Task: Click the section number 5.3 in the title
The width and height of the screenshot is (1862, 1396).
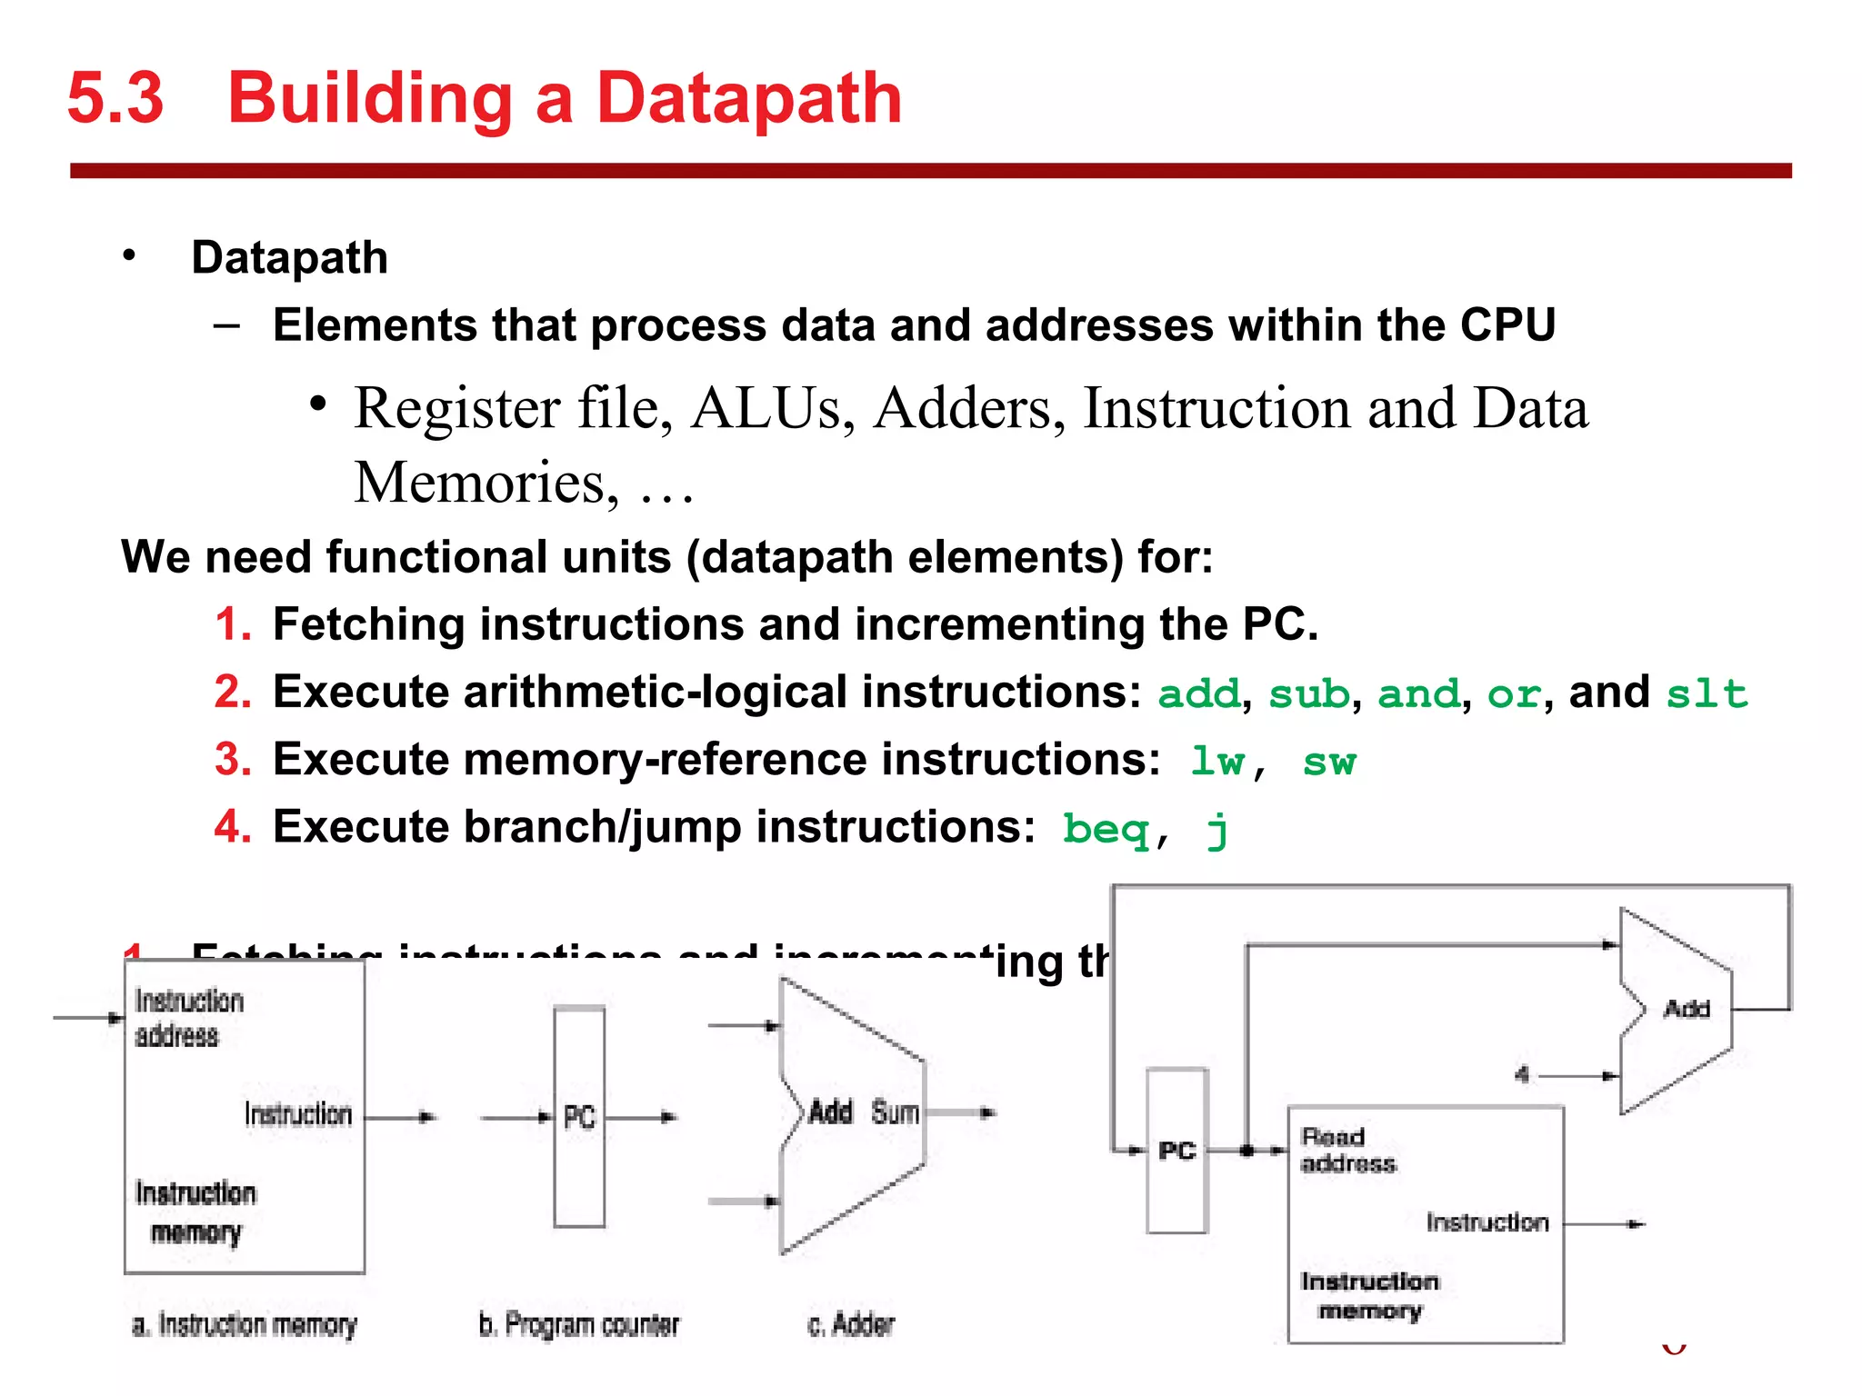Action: [x=115, y=98]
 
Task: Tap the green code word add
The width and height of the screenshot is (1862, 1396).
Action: [x=1198, y=694]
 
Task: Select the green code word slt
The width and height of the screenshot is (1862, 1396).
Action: [x=1706, y=694]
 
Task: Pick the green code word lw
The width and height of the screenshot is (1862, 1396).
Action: [x=1218, y=762]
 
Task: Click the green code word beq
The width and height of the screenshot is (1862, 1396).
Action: [x=1106, y=829]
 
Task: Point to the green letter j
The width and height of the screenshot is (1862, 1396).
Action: [x=1217, y=829]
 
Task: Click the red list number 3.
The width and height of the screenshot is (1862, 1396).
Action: [x=233, y=760]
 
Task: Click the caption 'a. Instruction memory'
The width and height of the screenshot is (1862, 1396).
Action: [x=244, y=1325]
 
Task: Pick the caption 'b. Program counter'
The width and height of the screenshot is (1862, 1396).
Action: [x=579, y=1325]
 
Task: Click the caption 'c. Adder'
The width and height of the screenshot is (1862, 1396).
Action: [x=851, y=1325]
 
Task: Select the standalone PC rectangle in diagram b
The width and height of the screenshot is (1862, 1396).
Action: [x=579, y=1117]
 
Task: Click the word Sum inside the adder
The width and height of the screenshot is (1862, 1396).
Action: [x=895, y=1112]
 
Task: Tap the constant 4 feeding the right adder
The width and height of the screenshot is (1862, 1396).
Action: [x=1522, y=1075]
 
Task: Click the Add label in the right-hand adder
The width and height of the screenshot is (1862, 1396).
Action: [x=1687, y=1009]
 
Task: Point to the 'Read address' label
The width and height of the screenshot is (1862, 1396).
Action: [x=1346, y=1150]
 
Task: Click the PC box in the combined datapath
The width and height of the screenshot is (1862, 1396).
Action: [x=1176, y=1151]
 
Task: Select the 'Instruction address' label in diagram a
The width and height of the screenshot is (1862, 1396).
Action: [x=189, y=1018]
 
